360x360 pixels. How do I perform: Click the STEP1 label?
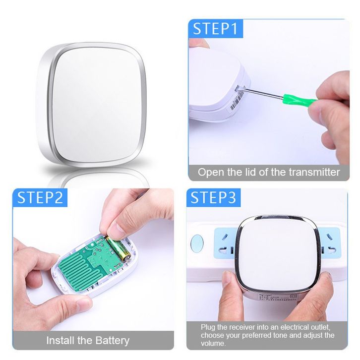[215, 29]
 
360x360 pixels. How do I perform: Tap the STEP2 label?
[40, 197]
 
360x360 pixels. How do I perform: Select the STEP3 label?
[213, 197]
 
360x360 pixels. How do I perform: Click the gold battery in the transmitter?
[118, 250]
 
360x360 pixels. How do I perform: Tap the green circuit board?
[92, 262]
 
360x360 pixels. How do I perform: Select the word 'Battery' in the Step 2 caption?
[112, 341]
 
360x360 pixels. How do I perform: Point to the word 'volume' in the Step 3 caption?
[212, 344]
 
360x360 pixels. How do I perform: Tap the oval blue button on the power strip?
[197, 243]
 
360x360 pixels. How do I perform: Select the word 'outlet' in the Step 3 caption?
[320, 327]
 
